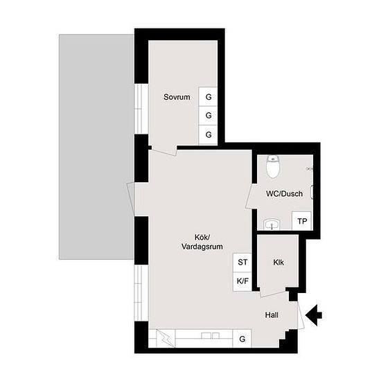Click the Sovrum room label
coord(177,97)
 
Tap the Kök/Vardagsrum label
coord(202,242)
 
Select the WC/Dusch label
coord(284,194)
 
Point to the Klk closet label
coord(278,263)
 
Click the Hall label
coord(272,315)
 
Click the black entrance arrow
coord(314,315)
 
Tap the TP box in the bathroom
coord(302,221)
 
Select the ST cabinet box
coord(242,263)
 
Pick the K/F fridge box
coord(242,281)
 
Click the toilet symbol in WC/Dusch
coord(273,167)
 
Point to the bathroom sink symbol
coord(272,224)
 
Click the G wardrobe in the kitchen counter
coord(242,339)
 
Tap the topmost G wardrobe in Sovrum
coord(208,97)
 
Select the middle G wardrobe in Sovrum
coord(208,116)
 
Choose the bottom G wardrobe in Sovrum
coord(208,134)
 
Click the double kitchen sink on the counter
coord(211,335)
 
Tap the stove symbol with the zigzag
coord(166,338)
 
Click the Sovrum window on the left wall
coord(141,109)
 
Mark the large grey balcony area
coord(96,147)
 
